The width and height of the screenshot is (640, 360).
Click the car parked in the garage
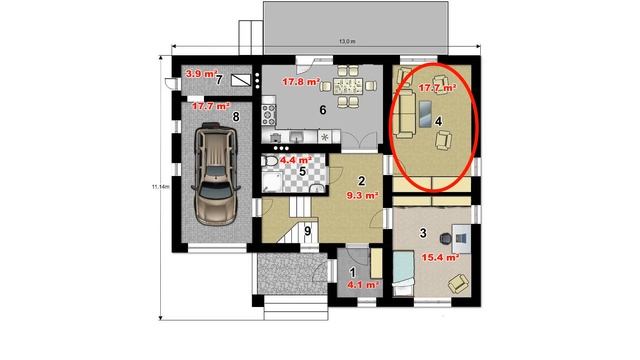point(215,173)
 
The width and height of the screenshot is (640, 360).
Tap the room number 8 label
point(236,117)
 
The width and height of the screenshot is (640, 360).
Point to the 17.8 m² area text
point(301,82)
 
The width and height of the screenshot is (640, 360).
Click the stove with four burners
point(269,115)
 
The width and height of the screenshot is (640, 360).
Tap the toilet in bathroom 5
point(269,161)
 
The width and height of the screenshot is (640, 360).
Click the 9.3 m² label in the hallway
point(362,196)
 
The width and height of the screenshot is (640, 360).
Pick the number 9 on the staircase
point(307,231)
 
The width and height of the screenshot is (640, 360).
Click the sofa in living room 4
point(405,114)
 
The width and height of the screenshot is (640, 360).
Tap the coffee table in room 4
point(425,113)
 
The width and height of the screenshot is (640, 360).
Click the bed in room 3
point(403,273)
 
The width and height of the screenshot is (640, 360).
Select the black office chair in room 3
point(446,238)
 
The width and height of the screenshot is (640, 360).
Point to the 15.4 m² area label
point(440,258)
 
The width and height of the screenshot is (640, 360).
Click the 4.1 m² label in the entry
point(363,284)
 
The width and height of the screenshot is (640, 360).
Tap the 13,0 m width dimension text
point(347,42)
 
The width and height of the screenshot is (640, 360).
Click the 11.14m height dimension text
point(160,187)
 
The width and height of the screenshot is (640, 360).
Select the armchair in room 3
point(458,283)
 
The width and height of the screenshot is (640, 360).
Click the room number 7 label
point(219,80)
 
